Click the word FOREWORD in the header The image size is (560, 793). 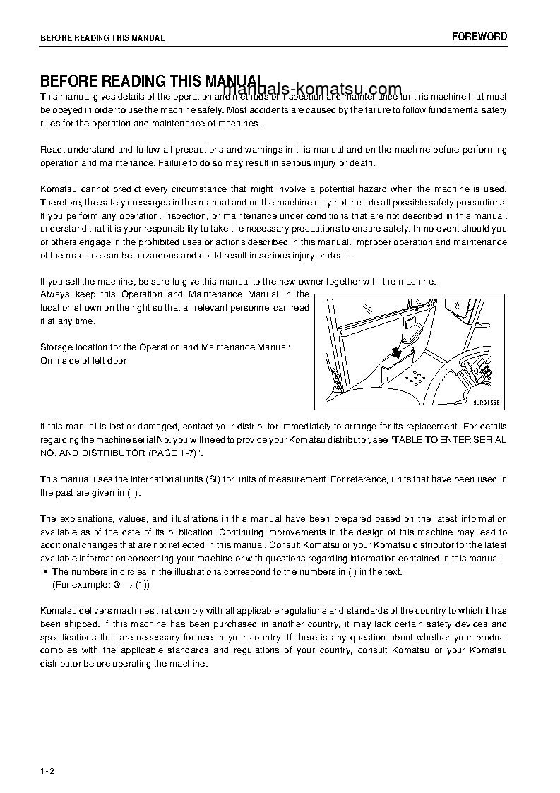pyautogui.click(x=479, y=37)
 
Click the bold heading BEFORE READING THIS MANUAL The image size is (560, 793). pyautogui.click(x=152, y=81)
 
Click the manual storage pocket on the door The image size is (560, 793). pyautogui.click(x=398, y=367)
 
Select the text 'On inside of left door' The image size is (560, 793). pyautogui.click(x=83, y=361)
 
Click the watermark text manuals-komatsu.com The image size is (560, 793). pyautogui.click(x=313, y=89)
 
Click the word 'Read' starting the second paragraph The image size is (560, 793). pyautogui.click(x=50, y=150)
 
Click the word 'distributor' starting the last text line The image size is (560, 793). pyautogui.click(x=64, y=664)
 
